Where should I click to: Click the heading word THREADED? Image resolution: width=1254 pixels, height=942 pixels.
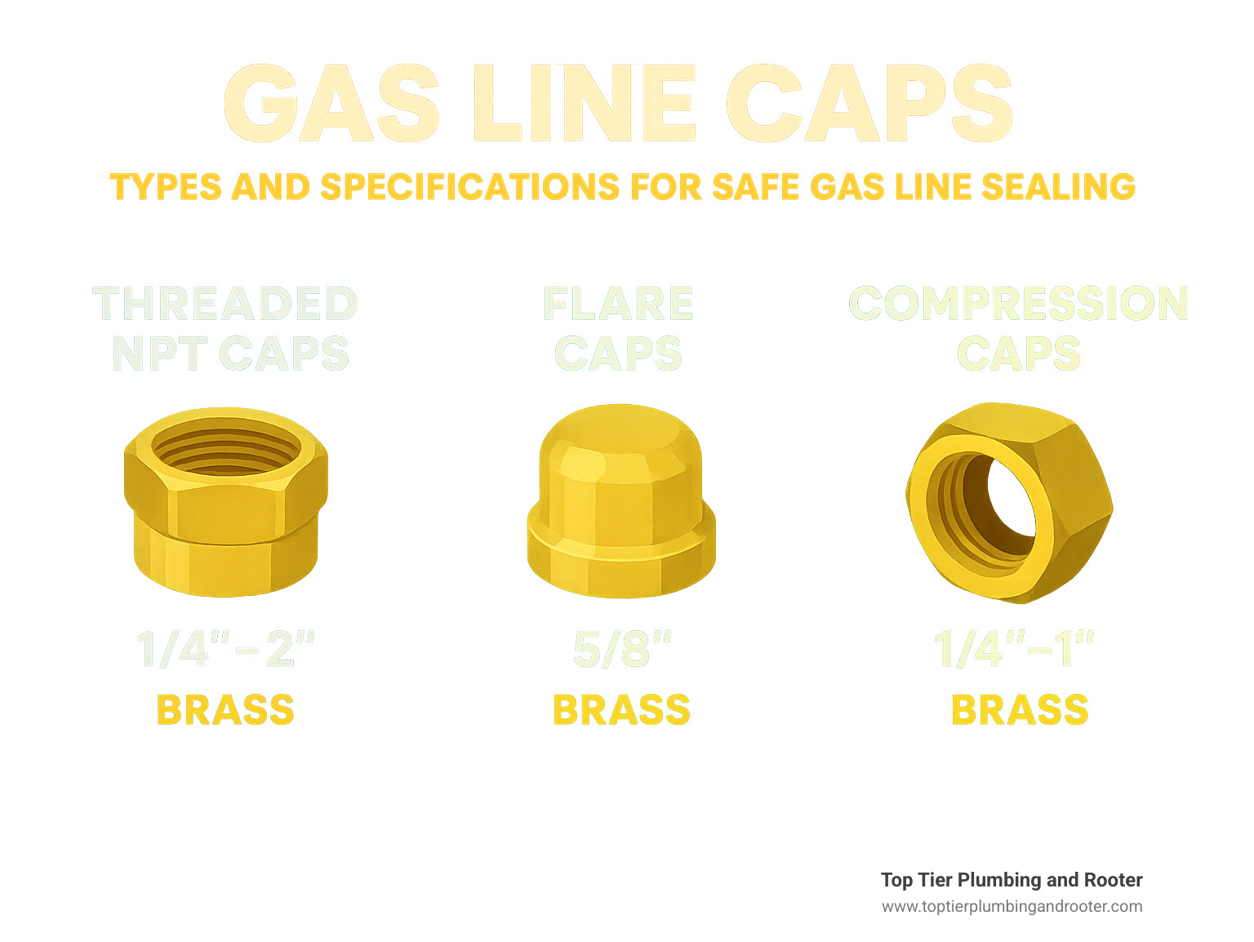coord(225,304)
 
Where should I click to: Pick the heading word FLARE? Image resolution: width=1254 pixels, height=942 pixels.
coord(618,304)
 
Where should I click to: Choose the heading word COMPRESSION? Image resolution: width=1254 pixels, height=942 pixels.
coord(1018,304)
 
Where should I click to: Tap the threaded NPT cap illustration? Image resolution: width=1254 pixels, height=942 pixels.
coord(225,522)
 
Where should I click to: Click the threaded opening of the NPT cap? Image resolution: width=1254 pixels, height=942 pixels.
coord(225,450)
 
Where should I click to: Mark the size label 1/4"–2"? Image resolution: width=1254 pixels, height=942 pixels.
coord(225,650)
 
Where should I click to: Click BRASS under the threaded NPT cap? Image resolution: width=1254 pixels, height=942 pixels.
coord(225,710)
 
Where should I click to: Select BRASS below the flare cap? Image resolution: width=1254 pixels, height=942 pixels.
coord(622,710)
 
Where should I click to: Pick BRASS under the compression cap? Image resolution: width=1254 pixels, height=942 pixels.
coord(1020,710)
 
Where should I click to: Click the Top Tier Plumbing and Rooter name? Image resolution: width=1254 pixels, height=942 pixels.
coord(1012,880)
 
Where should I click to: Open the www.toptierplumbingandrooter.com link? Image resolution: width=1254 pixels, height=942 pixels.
coord(1012,906)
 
